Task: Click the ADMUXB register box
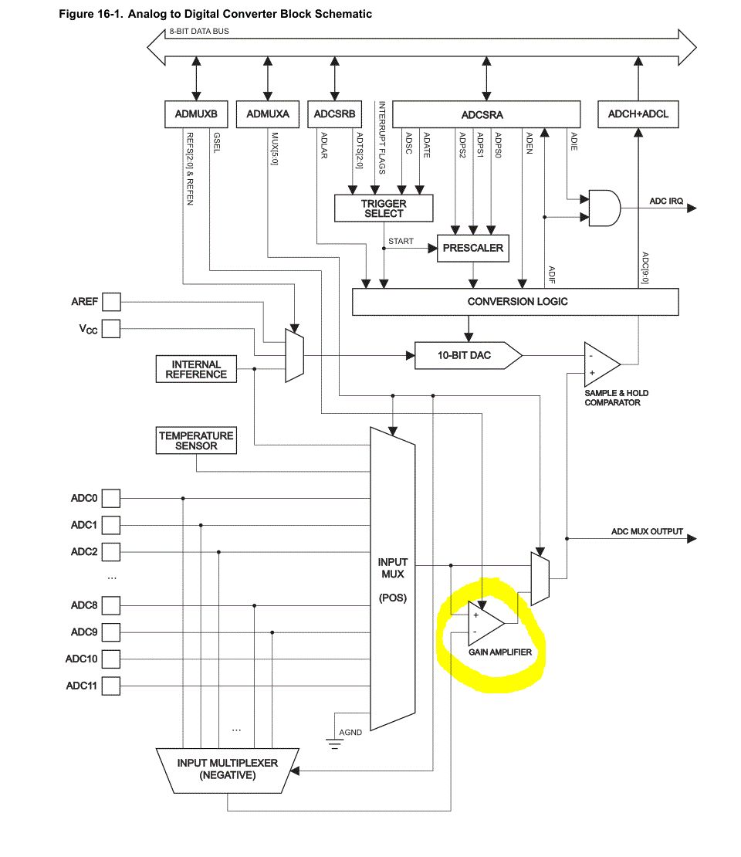tap(196, 113)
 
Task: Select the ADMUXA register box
tap(268, 113)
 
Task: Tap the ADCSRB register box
tap(334, 113)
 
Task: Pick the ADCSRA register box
tap(486, 113)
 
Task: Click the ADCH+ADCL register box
tap(638, 113)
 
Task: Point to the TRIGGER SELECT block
tap(384, 208)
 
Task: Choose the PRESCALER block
tap(473, 248)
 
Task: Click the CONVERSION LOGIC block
tap(516, 302)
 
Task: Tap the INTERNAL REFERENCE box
tap(196, 369)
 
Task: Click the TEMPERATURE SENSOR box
tap(196, 441)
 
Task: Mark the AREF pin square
tap(111, 302)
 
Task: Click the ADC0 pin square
tap(111, 499)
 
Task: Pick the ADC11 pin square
tap(111, 686)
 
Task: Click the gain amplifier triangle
tap(486, 623)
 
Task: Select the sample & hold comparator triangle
tap(602, 364)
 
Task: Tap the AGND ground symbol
tap(334, 744)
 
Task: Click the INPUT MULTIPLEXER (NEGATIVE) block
tap(228, 771)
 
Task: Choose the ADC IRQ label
tap(666, 202)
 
